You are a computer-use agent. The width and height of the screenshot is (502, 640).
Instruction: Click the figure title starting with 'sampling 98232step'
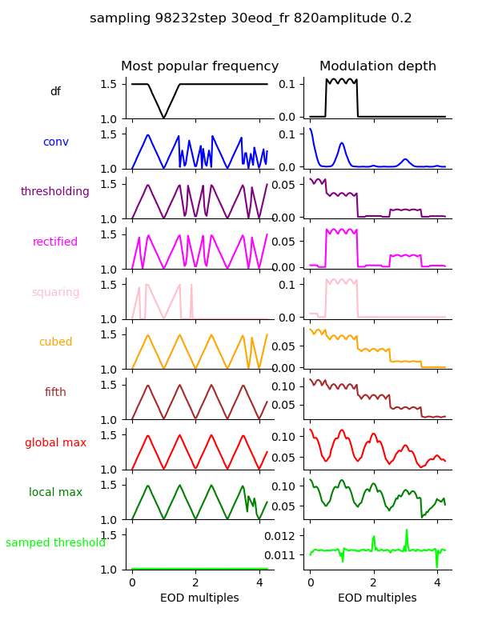pos(251,18)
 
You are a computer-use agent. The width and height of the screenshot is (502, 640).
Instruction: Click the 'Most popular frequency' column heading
pos(199,66)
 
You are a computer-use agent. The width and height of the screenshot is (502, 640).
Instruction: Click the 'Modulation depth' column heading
pos(377,66)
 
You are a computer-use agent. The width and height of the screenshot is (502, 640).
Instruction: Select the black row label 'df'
pos(55,92)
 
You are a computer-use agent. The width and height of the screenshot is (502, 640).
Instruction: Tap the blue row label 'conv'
pos(55,142)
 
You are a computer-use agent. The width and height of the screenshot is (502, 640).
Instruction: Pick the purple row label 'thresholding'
pos(55,192)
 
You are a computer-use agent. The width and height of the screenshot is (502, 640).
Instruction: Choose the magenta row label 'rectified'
pos(55,242)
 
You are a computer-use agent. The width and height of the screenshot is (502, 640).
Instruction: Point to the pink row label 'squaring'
pos(55,293)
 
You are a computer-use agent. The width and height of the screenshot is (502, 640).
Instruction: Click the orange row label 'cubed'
pos(55,342)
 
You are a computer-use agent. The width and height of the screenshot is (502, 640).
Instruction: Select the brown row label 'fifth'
pos(55,393)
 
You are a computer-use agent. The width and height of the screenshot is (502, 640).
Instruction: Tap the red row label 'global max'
pos(55,443)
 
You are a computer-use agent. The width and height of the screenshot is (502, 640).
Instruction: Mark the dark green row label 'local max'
pos(55,493)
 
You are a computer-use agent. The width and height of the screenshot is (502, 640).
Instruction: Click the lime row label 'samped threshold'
pos(55,543)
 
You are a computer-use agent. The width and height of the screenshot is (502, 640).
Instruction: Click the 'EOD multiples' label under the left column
pos(199,598)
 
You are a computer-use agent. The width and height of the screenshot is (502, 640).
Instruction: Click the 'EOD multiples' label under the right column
pos(377,598)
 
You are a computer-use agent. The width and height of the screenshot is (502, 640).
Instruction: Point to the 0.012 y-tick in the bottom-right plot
pos(283,535)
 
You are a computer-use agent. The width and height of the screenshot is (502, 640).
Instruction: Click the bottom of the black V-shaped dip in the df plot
pos(163,118)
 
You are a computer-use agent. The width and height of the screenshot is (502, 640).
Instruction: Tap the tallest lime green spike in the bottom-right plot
pos(406,530)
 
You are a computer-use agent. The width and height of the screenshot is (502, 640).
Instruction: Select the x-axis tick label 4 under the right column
pos(437,582)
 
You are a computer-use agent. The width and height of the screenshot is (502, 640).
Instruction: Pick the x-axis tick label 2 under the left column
pos(195,582)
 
